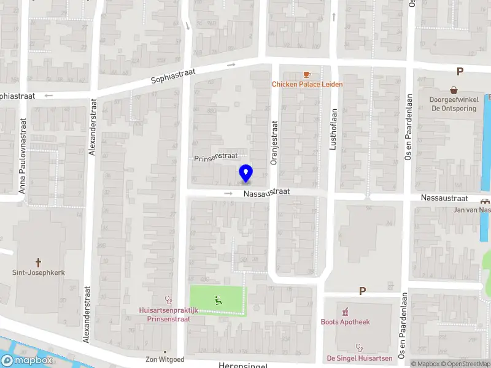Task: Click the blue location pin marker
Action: tap(245, 173)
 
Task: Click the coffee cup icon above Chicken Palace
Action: tap(307, 74)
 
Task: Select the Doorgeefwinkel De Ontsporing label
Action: tap(454, 104)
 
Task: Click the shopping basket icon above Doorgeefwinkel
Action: tap(454, 90)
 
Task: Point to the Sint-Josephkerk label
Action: tap(39, 272)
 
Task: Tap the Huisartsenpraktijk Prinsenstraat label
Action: tap(168, 315)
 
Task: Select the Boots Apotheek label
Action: tap(346, 322)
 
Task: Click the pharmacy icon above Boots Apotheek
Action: tap(345, 310)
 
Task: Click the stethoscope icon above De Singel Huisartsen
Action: tap(359, 347)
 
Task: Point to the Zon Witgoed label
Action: tap(164, 359)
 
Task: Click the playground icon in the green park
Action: tap(218, 300)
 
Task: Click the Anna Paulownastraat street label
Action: tap(22, 156)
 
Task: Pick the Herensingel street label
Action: tap(242, 365)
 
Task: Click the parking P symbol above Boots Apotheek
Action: tap(362, 291)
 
